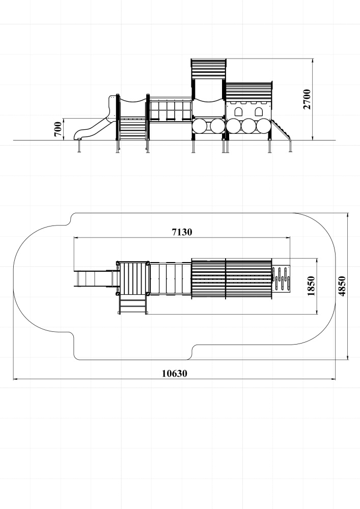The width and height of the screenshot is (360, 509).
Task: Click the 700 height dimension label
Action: tap(58, 129)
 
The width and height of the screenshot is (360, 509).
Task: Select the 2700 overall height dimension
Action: tap(307, 99)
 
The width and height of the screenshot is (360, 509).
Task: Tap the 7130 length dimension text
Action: tap(182, 232)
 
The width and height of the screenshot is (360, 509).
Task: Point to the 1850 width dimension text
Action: tap(311, 286)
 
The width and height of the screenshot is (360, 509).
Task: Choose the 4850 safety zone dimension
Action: tap(342, 286)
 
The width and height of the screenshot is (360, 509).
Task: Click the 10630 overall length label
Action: tap(175, 374)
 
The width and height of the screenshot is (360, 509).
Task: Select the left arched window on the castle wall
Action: tap(239, 112)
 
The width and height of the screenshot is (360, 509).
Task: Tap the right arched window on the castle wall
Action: tap(259, 112)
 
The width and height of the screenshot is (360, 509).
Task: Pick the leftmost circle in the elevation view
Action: tap(200, 126)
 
